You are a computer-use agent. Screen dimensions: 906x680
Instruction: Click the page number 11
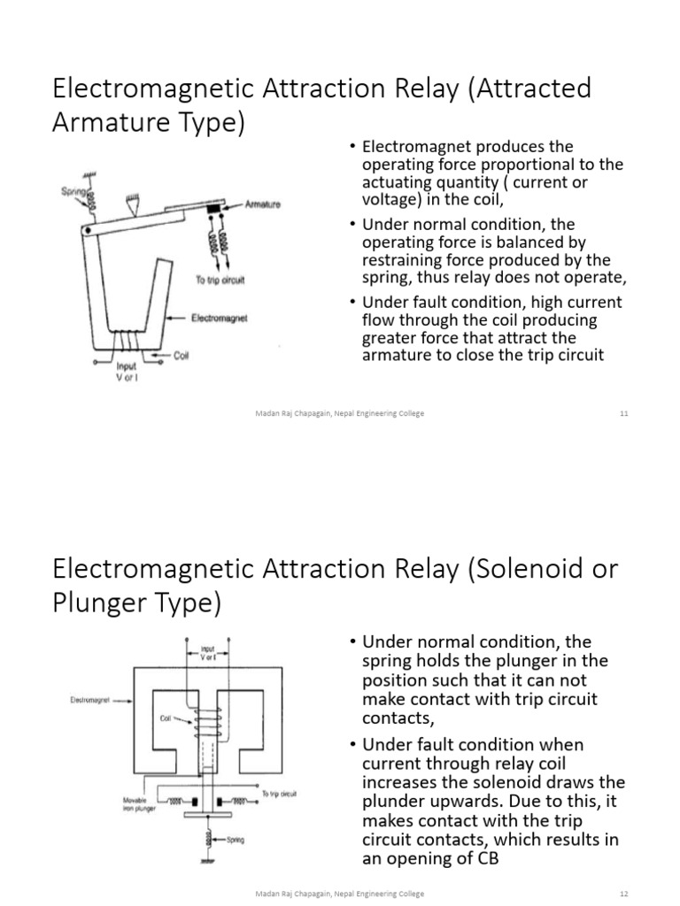(x=623, y=413)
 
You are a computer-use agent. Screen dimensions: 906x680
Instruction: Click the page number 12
(x=623, y=894)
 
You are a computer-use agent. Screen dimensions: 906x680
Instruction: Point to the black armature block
(x=215, y=208)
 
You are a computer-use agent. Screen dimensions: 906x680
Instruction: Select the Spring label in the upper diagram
(x=73, y=190)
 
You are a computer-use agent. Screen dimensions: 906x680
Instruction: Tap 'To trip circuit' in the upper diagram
(x=220, y=280)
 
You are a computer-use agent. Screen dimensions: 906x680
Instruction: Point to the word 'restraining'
(x=402, y=260)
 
